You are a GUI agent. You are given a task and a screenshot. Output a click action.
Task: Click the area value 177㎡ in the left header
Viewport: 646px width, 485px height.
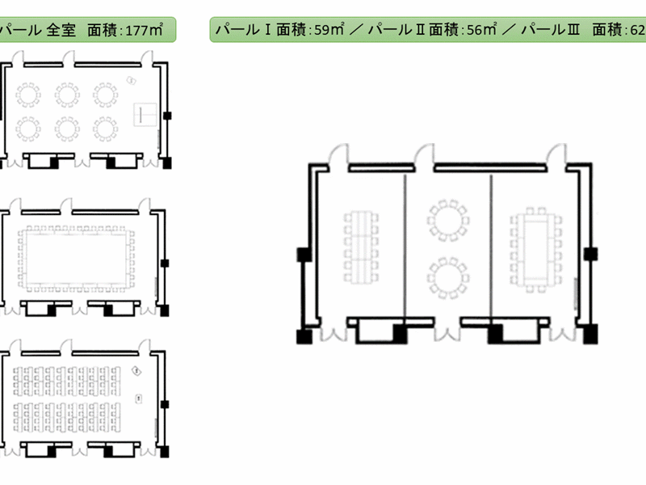(144, 30)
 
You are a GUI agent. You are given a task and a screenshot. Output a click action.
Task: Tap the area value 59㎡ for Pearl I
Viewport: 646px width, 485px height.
(329, 29)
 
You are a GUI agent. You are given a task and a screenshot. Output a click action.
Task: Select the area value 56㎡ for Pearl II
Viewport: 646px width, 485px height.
(481, 29)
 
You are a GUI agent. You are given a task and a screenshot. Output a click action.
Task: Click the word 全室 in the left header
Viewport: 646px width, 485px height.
(61, 30)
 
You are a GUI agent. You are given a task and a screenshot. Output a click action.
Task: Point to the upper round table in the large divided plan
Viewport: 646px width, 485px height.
(448, 220)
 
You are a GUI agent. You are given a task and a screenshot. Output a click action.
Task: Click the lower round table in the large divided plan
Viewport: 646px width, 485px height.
(448, 278)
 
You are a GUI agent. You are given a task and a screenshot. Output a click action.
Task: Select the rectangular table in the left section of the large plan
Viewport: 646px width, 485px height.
(361, 247)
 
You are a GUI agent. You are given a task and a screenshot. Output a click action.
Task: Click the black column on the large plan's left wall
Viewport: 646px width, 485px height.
(304, 255)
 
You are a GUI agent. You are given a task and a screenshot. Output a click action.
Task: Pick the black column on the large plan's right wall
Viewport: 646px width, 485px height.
(591, 254)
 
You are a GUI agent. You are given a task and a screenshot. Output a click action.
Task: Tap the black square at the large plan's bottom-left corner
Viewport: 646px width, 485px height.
(304, 336)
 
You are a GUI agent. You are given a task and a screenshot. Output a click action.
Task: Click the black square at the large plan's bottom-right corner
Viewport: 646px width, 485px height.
(590, 334)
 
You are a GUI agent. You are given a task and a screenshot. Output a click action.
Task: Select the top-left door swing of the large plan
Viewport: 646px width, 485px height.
(338, 154)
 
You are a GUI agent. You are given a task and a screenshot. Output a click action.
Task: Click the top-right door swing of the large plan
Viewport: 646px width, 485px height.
(556, 154)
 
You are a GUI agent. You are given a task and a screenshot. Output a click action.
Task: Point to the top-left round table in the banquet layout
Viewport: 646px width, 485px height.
(28, 95)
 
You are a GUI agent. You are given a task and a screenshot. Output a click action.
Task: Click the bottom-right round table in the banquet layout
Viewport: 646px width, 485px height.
(105, 129)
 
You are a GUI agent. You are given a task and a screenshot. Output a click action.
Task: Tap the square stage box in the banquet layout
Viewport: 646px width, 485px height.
(145, 115)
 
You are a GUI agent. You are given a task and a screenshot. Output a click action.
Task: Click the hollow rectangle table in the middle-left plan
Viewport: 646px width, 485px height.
(76, 258)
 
